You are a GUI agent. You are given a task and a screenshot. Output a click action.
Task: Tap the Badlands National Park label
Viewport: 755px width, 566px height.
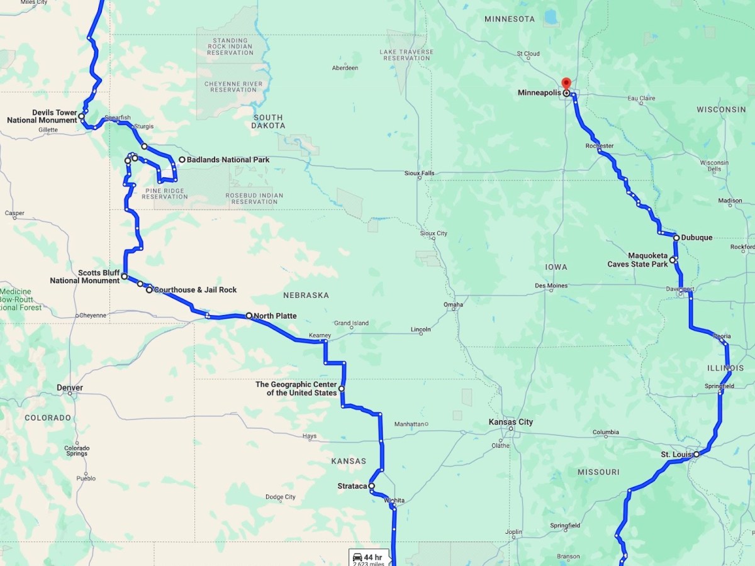click(x=228, y=160)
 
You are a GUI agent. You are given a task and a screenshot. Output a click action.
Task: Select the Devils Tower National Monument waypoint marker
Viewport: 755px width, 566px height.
click(x=82, y=116)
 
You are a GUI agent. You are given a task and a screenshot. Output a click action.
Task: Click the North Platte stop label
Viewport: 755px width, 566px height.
click(x=276, y=316)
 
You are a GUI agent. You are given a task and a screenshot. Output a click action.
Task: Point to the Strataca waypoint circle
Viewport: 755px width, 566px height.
click(x=371, y=486)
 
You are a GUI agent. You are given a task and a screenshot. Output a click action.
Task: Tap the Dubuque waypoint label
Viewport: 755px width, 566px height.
click(x=697, y=238)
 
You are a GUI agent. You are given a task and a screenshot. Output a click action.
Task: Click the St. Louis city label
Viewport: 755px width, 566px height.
click(x=676, y=454)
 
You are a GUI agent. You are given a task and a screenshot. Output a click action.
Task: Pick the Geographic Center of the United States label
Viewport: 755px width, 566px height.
click(x=296, y=389)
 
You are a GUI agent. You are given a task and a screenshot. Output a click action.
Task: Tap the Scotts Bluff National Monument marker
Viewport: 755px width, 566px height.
click(x=124, y=276)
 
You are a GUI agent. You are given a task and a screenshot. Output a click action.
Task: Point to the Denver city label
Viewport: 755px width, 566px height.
click(x=70, y=388)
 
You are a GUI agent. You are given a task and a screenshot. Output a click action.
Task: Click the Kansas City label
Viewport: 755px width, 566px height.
click(x=511, y=422)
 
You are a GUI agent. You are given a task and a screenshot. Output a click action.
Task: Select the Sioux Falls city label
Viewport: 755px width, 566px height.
click(x=420, y=173)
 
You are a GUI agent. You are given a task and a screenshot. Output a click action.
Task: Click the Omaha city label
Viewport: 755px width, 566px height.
click(x=453, y=305)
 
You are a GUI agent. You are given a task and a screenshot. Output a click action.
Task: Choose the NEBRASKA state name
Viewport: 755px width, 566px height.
click(x=306, y=295)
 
